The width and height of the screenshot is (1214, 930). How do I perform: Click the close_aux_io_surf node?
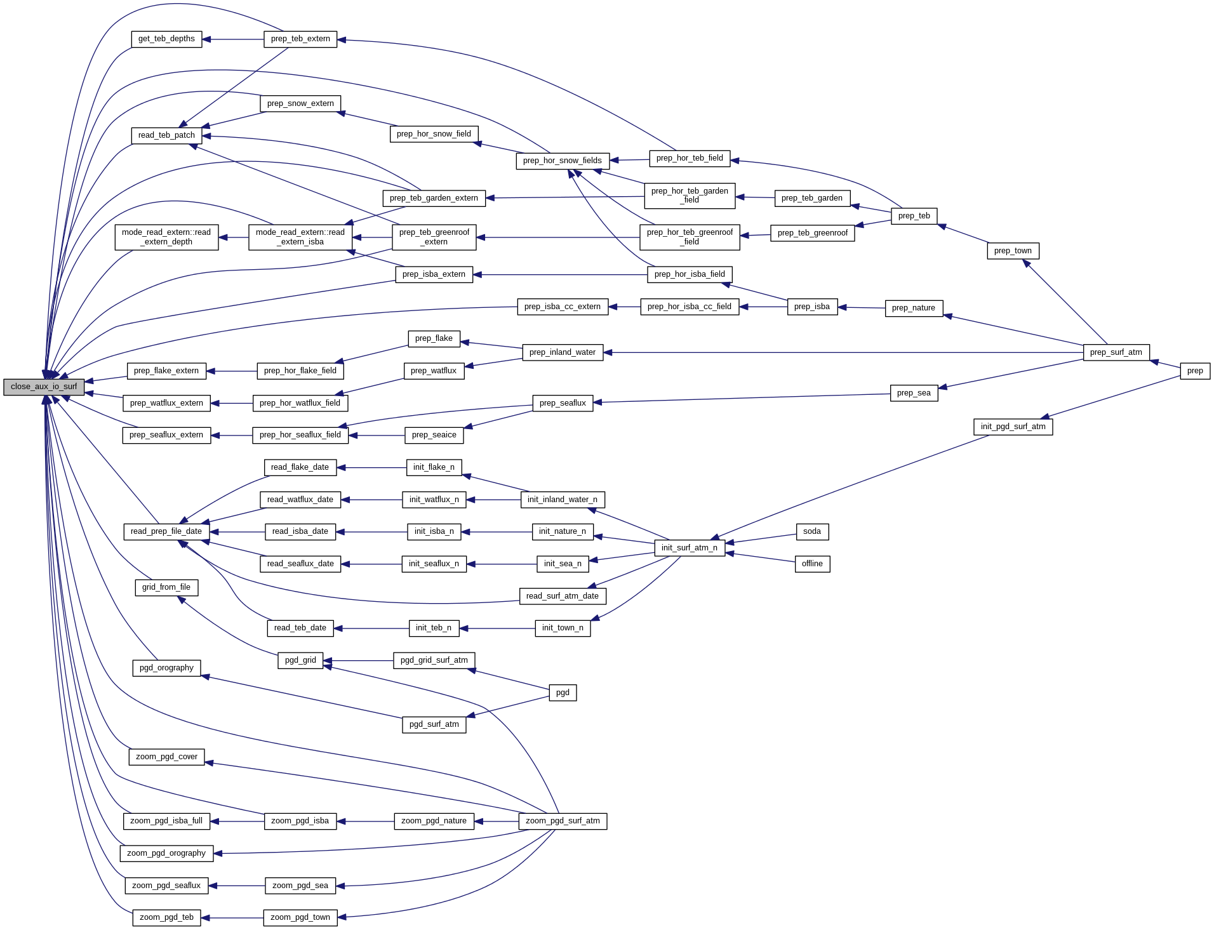pos(44,387)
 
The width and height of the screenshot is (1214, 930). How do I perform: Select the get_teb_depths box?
pos(166,39)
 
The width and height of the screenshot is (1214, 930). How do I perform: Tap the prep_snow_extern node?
pos(300,103)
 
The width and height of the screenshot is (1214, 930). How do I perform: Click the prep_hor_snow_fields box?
pos(563,161)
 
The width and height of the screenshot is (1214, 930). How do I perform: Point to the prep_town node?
pos(1013,251)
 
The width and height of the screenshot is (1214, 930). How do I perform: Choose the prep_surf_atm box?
pos(1116,352)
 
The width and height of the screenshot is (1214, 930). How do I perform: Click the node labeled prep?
pos(1195,371)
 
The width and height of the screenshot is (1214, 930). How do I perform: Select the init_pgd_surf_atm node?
pos(1013,427)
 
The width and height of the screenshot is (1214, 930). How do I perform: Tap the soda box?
pos(812,531)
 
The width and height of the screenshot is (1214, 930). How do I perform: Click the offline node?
pos(812,564)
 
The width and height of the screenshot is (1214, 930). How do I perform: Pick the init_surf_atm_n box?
pos(690,548)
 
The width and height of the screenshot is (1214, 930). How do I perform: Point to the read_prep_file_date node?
pos(166,531)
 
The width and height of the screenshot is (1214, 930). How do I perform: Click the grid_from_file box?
pos(166,587)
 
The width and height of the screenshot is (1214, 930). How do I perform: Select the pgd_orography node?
pos(166,668)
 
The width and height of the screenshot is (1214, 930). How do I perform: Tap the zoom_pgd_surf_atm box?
pos(563,821)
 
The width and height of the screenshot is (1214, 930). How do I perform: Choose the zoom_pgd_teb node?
pos(166,917)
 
